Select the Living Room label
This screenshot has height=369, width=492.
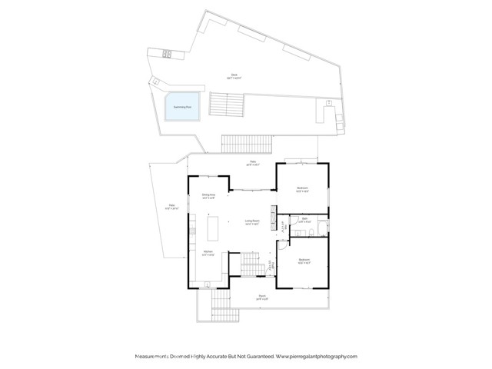(251, 222)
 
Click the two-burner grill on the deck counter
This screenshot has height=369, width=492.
(168, 52)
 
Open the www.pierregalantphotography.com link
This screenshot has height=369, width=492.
(315, 357)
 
